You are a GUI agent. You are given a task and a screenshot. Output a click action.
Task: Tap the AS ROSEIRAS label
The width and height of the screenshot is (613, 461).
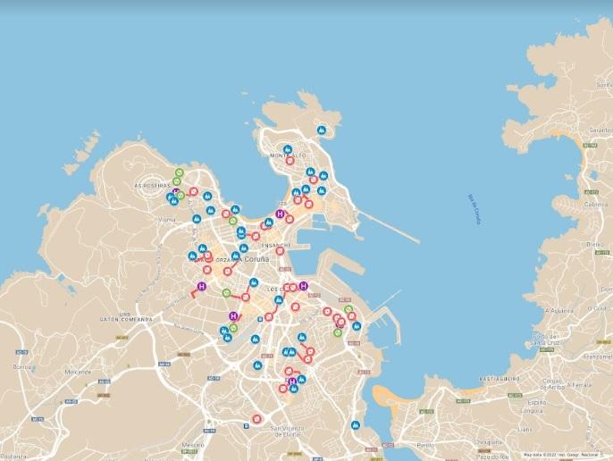click(151, 185)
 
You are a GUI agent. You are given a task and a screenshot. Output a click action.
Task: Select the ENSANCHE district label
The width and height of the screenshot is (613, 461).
click(276, 245)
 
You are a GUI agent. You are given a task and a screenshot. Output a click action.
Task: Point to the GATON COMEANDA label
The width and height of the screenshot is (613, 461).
click(127, 319)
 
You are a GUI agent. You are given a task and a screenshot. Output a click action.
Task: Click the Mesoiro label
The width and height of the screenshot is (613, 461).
click(194, 444)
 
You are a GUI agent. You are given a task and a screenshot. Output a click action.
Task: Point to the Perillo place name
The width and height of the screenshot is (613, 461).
click(425, 444)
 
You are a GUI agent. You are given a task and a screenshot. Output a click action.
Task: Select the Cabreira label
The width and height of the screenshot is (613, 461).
click(595, 204)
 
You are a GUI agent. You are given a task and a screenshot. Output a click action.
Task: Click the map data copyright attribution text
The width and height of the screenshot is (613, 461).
click(566, 455)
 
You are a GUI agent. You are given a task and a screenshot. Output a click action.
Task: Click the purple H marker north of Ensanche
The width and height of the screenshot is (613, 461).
click(281, 214)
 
